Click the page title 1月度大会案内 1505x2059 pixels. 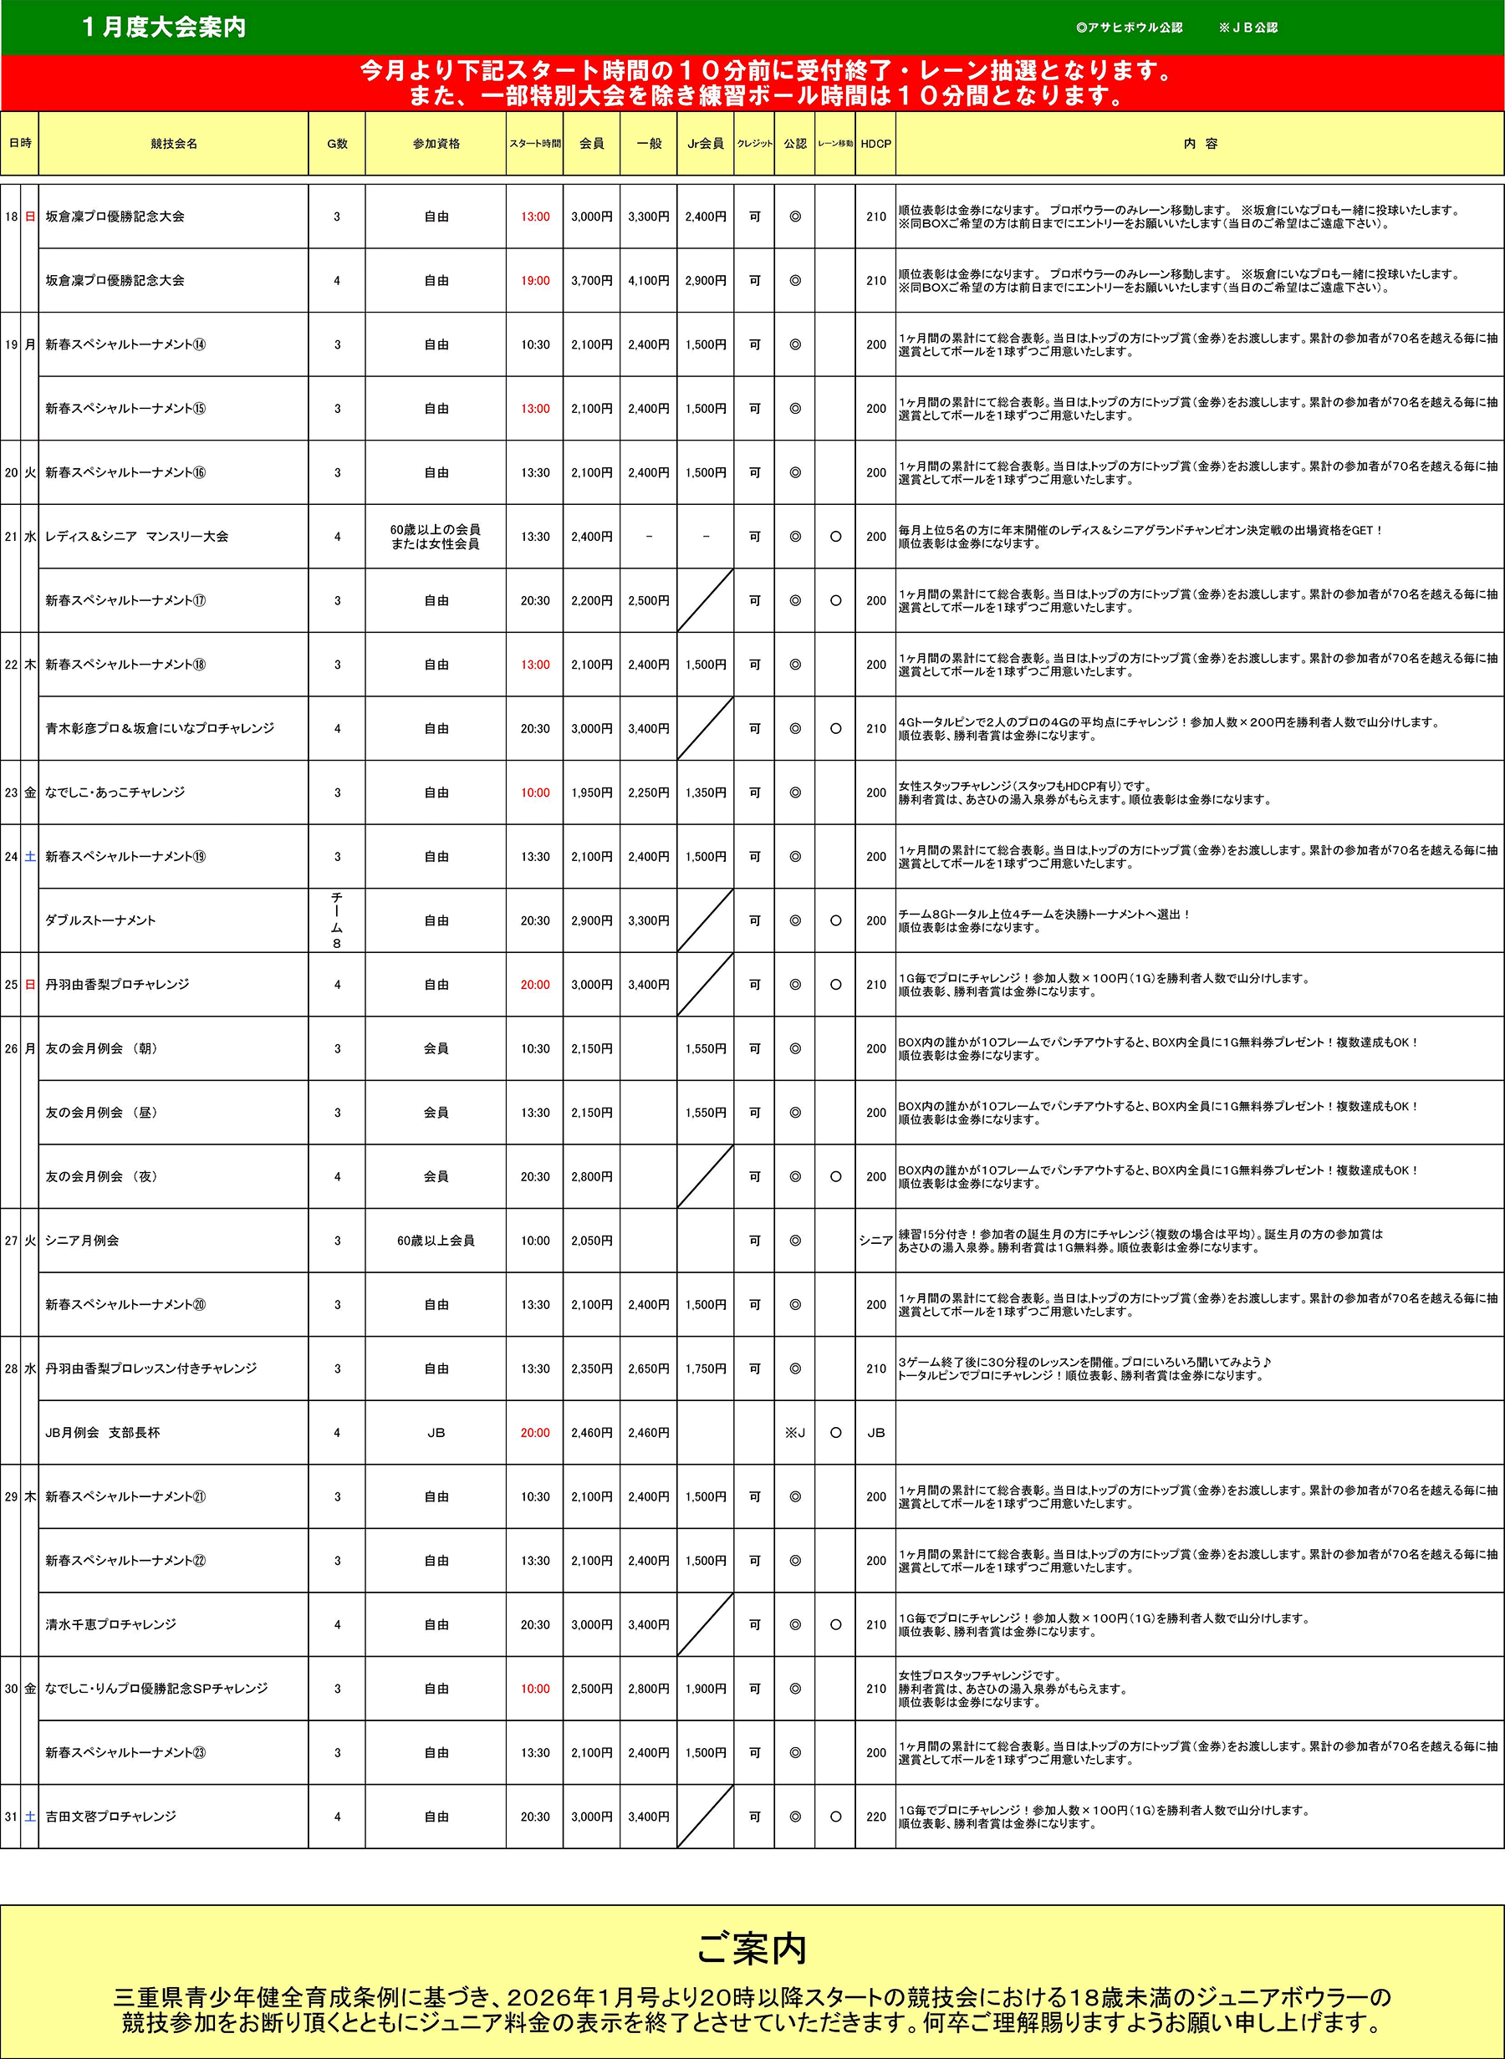(x=164, y=28)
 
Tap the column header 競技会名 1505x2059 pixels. (x=173, y=144)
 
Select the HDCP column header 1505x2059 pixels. (x=875, y=144)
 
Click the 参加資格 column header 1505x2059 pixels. (x=436, y=144)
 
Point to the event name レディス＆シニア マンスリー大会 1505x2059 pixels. (x=136, y=538)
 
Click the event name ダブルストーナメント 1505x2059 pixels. (x=100, y=920)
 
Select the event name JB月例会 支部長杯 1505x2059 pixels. (x=102, y=1433)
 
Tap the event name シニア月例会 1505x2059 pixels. (x=82, y=1241)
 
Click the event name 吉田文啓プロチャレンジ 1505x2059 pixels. (x=110, y=1817)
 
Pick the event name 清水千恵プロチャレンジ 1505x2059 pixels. (x=110, y=1624)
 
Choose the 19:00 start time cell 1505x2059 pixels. (x=535, y=282)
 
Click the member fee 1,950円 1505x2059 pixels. (x=591, y=793)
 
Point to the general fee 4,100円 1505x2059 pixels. (x=648, y=282)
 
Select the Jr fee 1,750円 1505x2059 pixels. (x=705, y=1368)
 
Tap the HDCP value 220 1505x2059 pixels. (x=875, y=1817)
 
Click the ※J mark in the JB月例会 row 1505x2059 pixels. (x=794, y=1433)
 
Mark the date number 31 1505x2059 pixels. (x=11, y=1817)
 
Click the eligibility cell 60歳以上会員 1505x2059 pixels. (x=436, y=1241)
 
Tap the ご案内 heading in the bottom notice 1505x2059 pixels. (x=752, y=1949)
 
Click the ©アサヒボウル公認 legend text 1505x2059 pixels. (x=1129, y=28)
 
